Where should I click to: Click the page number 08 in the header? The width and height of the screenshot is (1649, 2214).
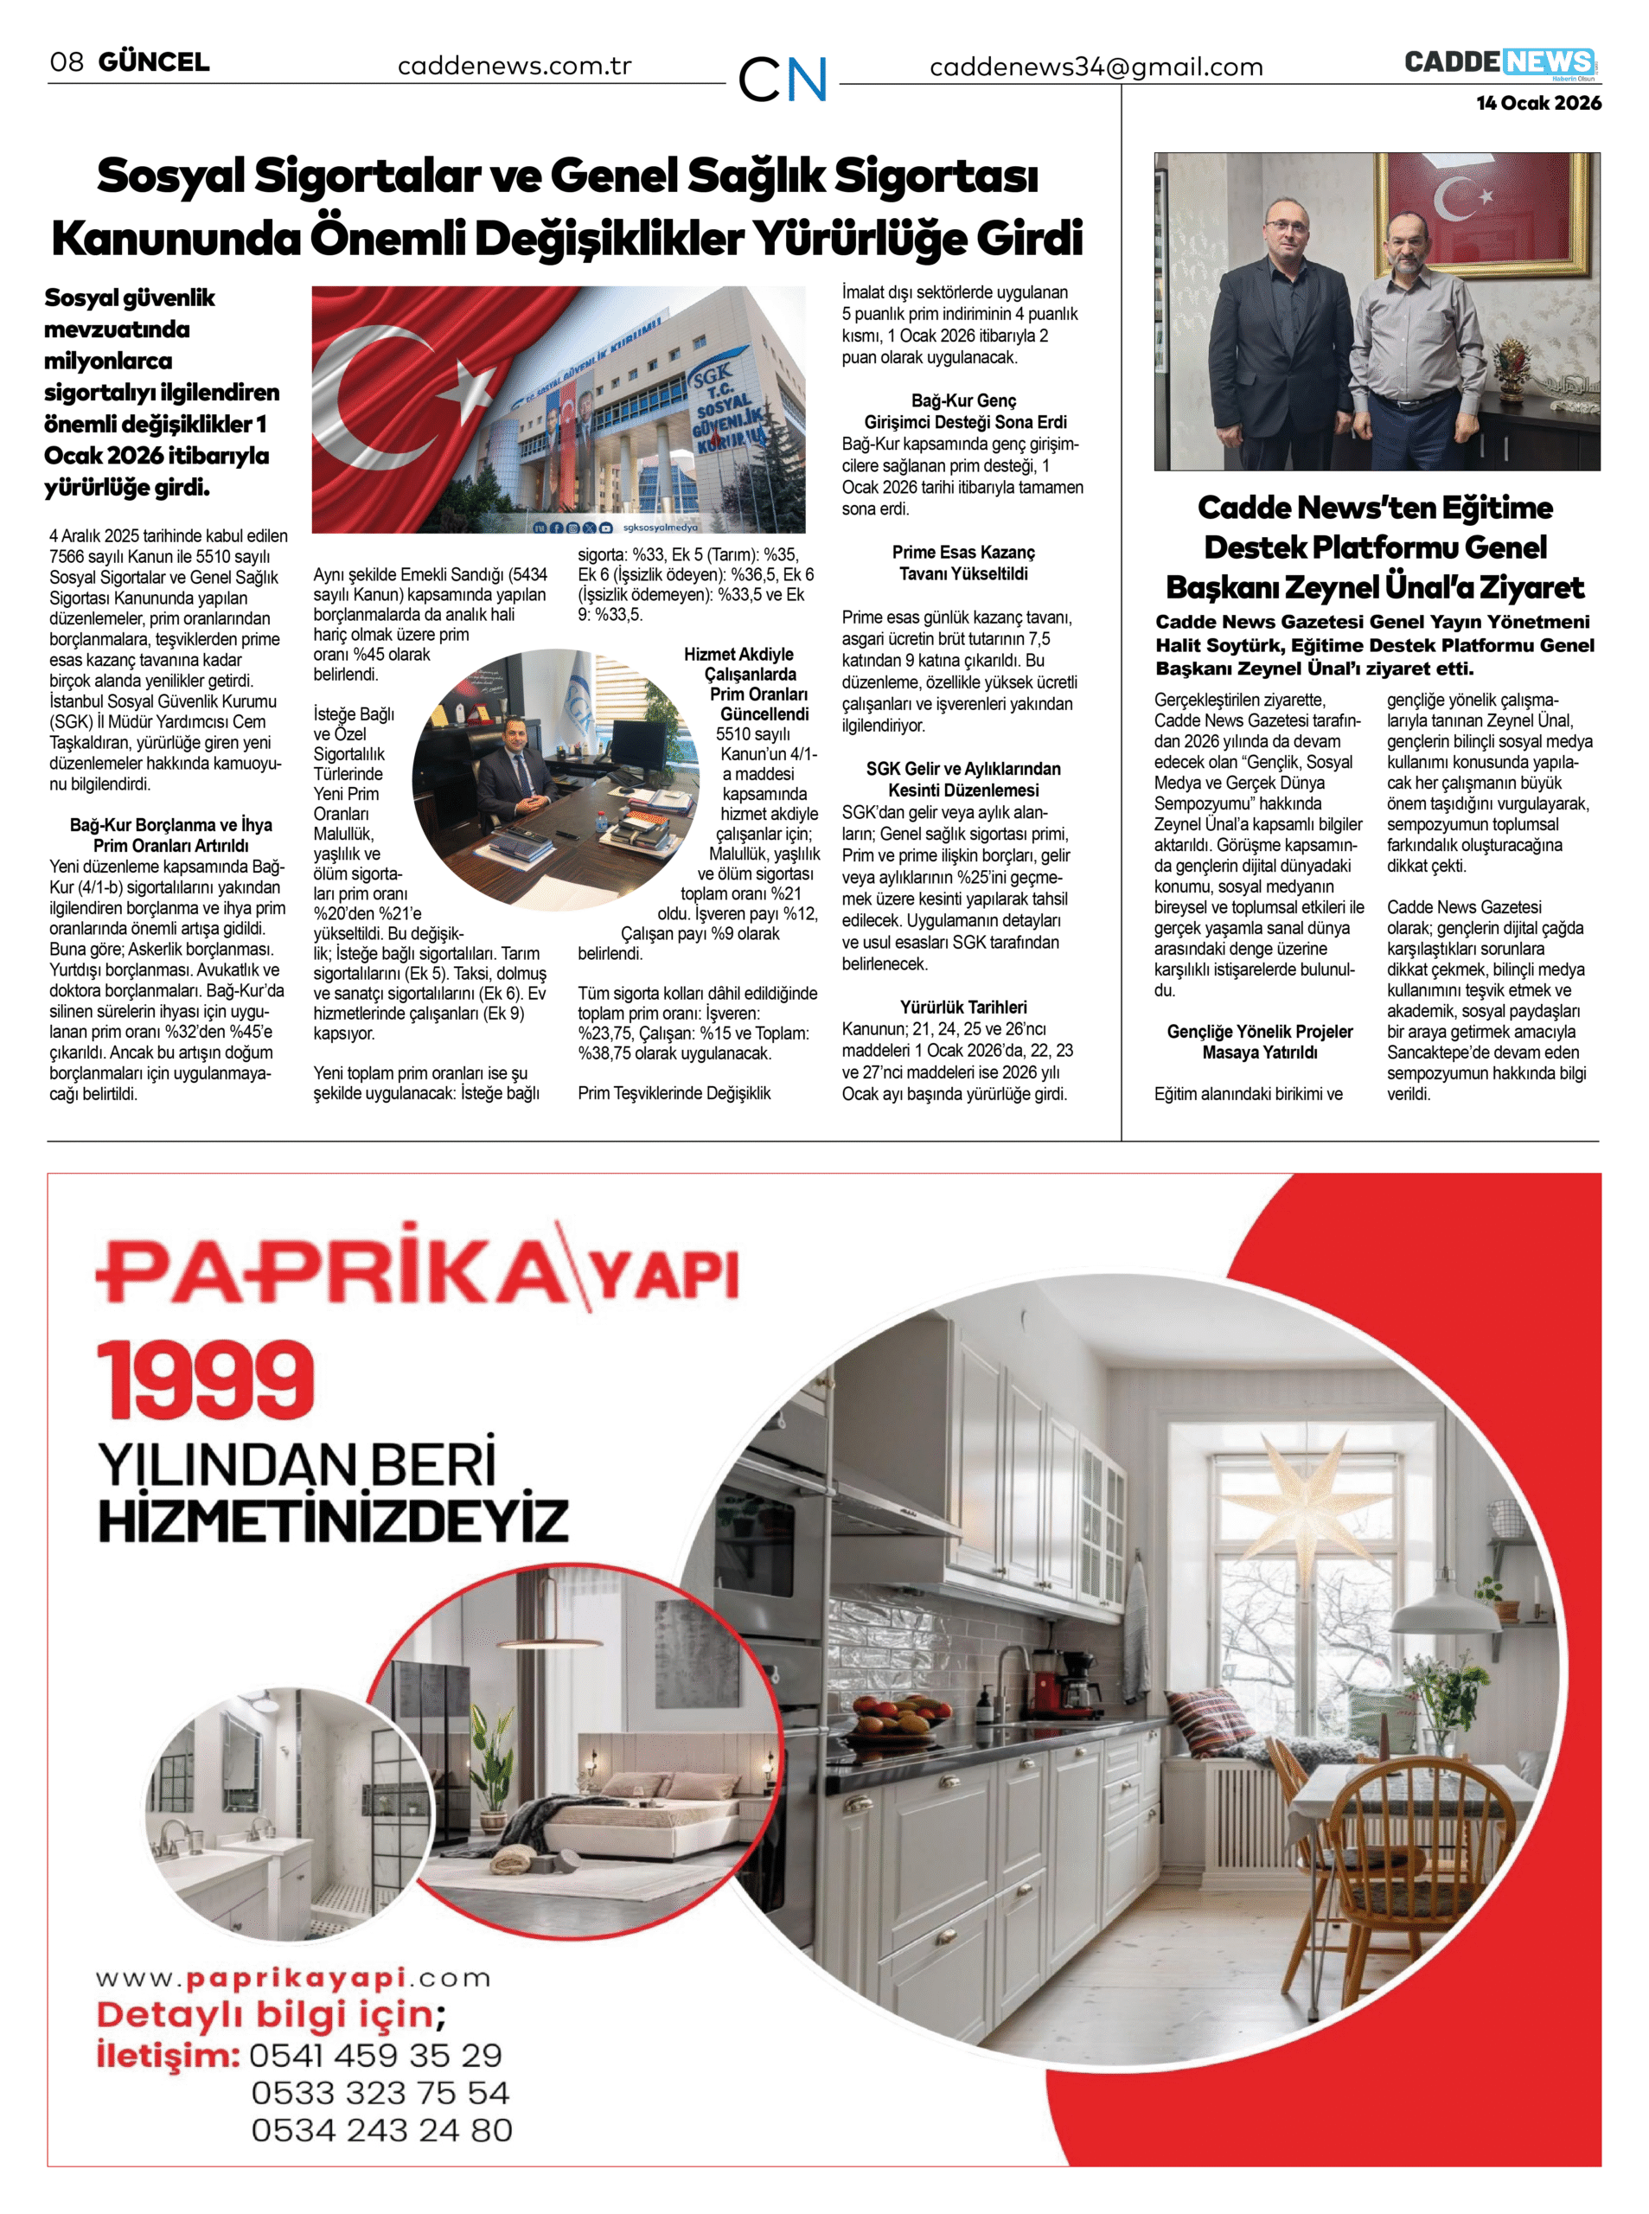pos(66,62)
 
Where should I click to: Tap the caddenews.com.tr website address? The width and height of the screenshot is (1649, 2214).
pos(514,66)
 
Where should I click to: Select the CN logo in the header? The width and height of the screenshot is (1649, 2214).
pos(783,79)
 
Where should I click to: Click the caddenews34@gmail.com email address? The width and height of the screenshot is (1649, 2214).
pos(1095,67)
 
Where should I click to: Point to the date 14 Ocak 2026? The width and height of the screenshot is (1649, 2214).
pos(1538,103)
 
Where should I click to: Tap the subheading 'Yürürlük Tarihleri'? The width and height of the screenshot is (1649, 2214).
pos(962,1008)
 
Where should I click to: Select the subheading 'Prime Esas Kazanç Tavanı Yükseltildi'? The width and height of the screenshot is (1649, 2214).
pos(962,563)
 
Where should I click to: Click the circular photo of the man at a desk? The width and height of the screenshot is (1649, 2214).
pos(555,779)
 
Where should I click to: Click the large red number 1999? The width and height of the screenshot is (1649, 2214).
pos(206,1380)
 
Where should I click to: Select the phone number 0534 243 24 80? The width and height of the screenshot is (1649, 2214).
pos(381,2130)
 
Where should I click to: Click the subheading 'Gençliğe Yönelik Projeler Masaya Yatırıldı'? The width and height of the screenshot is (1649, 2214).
pos(1259,1042)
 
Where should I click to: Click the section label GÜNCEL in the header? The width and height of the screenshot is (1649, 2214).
pos(154,62)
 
